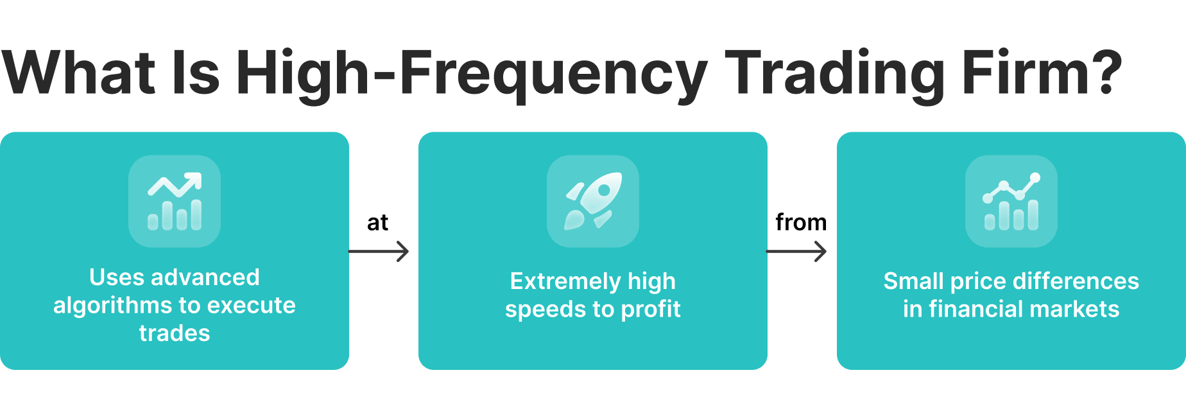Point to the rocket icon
[593, 201]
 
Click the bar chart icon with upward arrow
[175, 201]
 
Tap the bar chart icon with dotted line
[1011, 201]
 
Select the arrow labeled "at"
[379, 251]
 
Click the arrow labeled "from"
[796, 251]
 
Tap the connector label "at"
[378, 223]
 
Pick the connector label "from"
[801, 222]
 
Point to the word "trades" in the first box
[175, 333]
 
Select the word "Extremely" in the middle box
[565, 281]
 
